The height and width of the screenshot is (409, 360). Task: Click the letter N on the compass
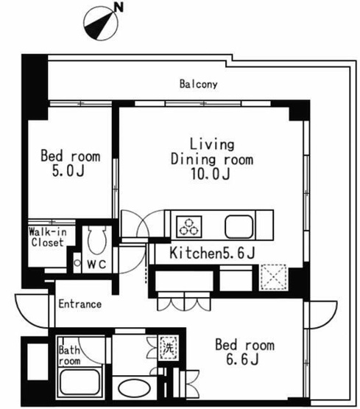click(119, 7)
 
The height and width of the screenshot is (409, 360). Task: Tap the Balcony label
click(199, 84)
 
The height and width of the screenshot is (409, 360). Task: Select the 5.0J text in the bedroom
click(68, 172)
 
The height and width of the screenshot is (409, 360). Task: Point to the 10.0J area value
click(211, 174)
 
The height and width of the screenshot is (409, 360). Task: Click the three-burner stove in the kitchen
click(189, 227)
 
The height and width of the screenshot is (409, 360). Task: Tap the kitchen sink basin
click(239, 227)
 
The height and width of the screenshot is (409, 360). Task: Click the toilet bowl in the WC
click(97, 240)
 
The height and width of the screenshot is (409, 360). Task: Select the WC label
click(96, 265)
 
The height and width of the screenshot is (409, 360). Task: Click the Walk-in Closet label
click(48, 237)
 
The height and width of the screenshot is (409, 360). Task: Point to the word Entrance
click(80, 304)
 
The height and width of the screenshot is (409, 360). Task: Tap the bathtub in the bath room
click(80, 382)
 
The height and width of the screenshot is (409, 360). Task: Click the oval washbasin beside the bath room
click(134, 388)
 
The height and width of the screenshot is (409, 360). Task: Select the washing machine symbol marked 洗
click(169, 348)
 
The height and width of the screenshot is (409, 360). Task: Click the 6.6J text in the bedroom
click(242, 360)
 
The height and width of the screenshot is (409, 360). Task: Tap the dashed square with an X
click(272, 277)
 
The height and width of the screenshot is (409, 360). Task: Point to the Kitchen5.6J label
click(212, 253)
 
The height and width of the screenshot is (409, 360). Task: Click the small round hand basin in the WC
click(77, 263)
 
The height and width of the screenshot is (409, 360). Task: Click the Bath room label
click(69, 355)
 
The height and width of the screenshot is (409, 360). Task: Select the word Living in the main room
click(212, 144)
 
